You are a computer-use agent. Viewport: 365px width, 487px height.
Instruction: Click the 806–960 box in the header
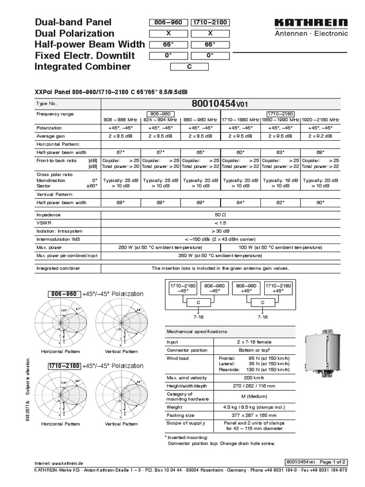point(169,22)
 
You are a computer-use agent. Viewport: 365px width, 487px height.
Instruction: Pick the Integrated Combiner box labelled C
point(190,67)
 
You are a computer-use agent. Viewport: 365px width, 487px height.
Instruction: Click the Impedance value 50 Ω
point(220,214)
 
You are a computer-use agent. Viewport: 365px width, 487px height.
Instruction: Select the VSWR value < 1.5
point(220,223)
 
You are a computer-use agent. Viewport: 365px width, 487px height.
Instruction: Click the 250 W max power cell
point(161,247)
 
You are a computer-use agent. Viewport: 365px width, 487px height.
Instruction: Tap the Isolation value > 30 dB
point(220,231)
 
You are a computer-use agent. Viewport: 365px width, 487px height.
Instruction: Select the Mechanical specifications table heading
point(196,331)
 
